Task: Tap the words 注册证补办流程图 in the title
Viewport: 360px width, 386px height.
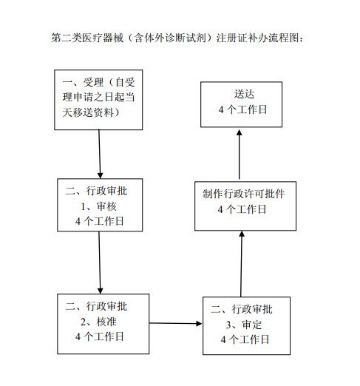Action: (258, 37)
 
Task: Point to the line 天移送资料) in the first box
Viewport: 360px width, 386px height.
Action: (92, 112)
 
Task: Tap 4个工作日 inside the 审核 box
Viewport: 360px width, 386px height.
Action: (99, 220)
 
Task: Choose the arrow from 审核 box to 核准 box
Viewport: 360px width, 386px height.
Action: (99, 263)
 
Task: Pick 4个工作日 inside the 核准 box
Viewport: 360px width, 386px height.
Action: (99, 336)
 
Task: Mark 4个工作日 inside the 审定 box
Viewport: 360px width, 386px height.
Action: (245, 339)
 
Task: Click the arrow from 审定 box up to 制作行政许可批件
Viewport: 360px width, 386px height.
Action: (241, 263)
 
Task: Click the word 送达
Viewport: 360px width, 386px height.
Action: (242, 95)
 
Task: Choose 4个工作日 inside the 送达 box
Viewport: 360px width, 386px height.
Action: (242, 109)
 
